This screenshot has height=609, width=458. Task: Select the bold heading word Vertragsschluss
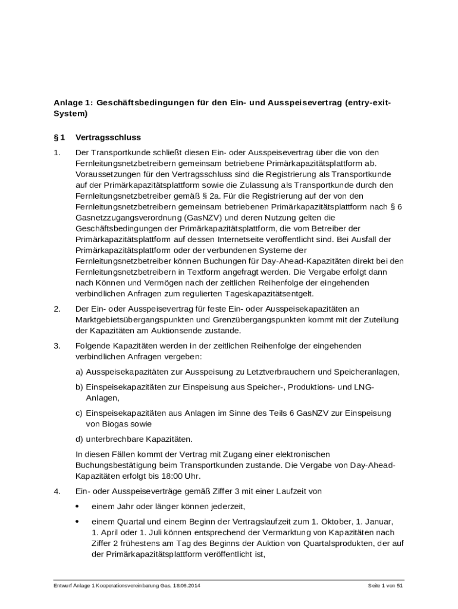pyautogui.click(x=108, y=137)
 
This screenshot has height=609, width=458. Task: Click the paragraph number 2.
pyautogui.click(x=57, y=309)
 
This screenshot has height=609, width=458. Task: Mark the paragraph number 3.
pyautogui.click(x=57, y=346)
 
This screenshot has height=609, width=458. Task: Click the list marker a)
pyautogui.click(x=79, y=372)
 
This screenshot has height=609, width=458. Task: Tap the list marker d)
pyautogui.click(x=79, y=439)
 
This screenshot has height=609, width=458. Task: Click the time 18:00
pyautogui.click(x=158, y=476)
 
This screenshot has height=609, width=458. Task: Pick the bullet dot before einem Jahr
pyautogui.click(x=77, y=507)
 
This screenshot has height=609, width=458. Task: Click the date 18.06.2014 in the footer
pyautogui.click(x=187, y=586)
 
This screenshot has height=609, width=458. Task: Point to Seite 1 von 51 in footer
pyautogui.click(x=385, y=586)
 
